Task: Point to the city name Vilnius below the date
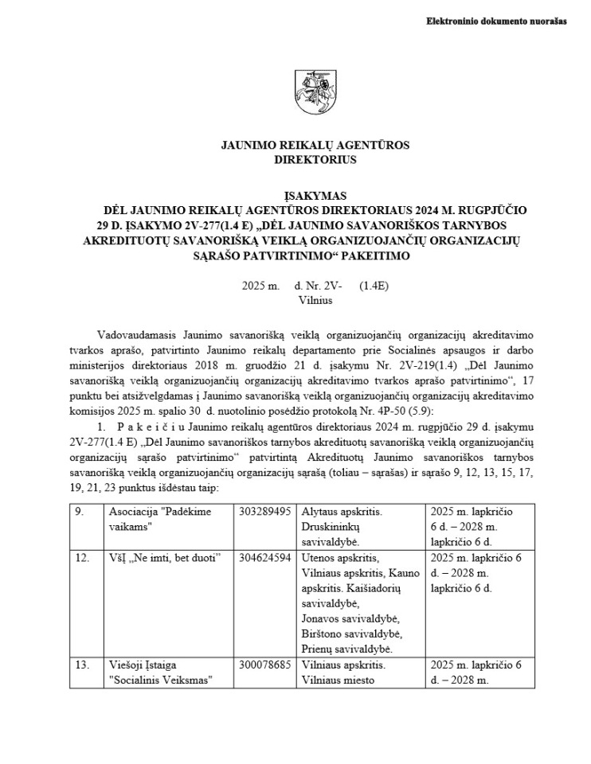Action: tap(315, 301)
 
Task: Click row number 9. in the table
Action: tap(101, 512)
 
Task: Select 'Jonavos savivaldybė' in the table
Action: tap(350, 619)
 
